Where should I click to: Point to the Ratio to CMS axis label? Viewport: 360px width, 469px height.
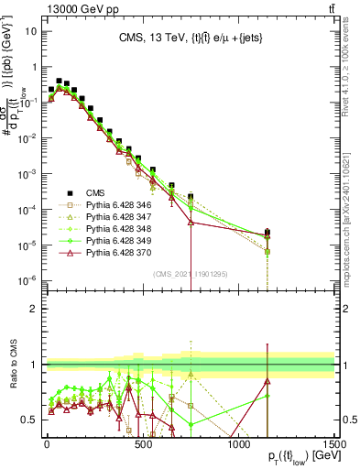click(12, 365)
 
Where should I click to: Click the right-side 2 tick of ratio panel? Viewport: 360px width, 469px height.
click(344, 309)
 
